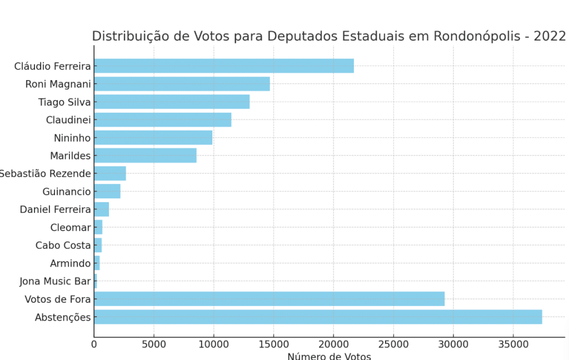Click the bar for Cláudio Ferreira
coord(223,66)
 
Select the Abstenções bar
coord(317,317)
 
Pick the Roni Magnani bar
coord(182,84)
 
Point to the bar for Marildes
coord(145,156)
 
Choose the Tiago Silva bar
coord(172,102)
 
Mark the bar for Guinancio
coord(107,192)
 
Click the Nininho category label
coord(72,138)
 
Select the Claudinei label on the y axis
coord(68,120)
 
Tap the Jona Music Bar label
coord(55,282)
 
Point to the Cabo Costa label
coord(63,246)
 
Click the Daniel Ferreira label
coord(55,209)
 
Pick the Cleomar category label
coord(71,228)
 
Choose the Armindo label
coord(70,263)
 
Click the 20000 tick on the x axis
coord(333,344)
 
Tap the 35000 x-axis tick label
coord(513,344)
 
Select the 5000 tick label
coord(154,344)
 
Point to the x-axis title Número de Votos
coord(329,356)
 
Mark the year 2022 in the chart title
coord(550,37)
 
